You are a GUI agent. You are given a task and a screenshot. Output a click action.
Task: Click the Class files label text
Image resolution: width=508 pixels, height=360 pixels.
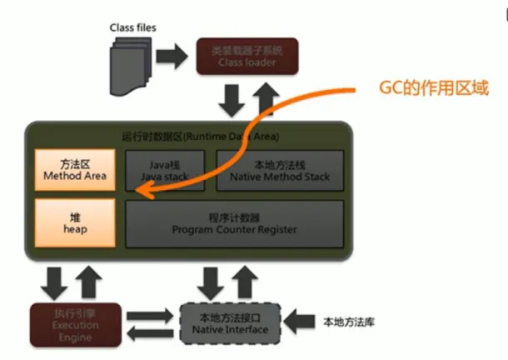[x=133, y=27]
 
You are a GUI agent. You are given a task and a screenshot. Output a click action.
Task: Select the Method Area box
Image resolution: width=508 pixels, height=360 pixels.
[x=74, y=170]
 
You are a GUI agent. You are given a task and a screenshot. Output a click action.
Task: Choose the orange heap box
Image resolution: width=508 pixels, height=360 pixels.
[x=74, y=222]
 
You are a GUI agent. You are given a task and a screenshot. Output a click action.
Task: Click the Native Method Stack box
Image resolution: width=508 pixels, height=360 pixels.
[x=280, y=170]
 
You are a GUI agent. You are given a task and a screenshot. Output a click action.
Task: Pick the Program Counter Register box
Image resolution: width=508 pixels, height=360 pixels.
[x=234, y=222]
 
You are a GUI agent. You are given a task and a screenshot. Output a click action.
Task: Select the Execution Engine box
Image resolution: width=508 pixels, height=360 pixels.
[x=75, y=323]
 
